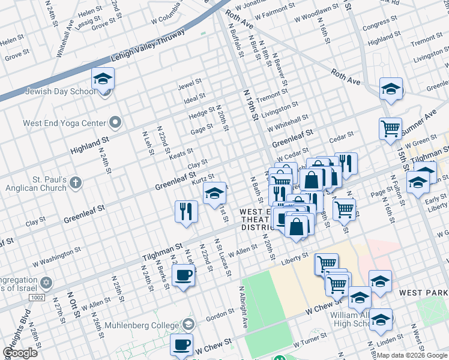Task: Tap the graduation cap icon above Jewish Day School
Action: tap(103, 79)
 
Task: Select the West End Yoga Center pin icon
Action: tap(116, 123)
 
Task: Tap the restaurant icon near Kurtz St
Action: tap(186, 211)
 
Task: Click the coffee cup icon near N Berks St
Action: tap(183, 275)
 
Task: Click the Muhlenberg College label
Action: tap(143, 325)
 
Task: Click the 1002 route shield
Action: tap(37, 297)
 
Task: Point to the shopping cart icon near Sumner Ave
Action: tap(390, 128)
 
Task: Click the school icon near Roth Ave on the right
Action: tap(391, 89)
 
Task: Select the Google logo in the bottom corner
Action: tap(20, 353)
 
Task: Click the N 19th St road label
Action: tap(250, 103)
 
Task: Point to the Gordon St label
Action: tap(220, 314)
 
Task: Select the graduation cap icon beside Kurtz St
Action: tap(214, 193)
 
